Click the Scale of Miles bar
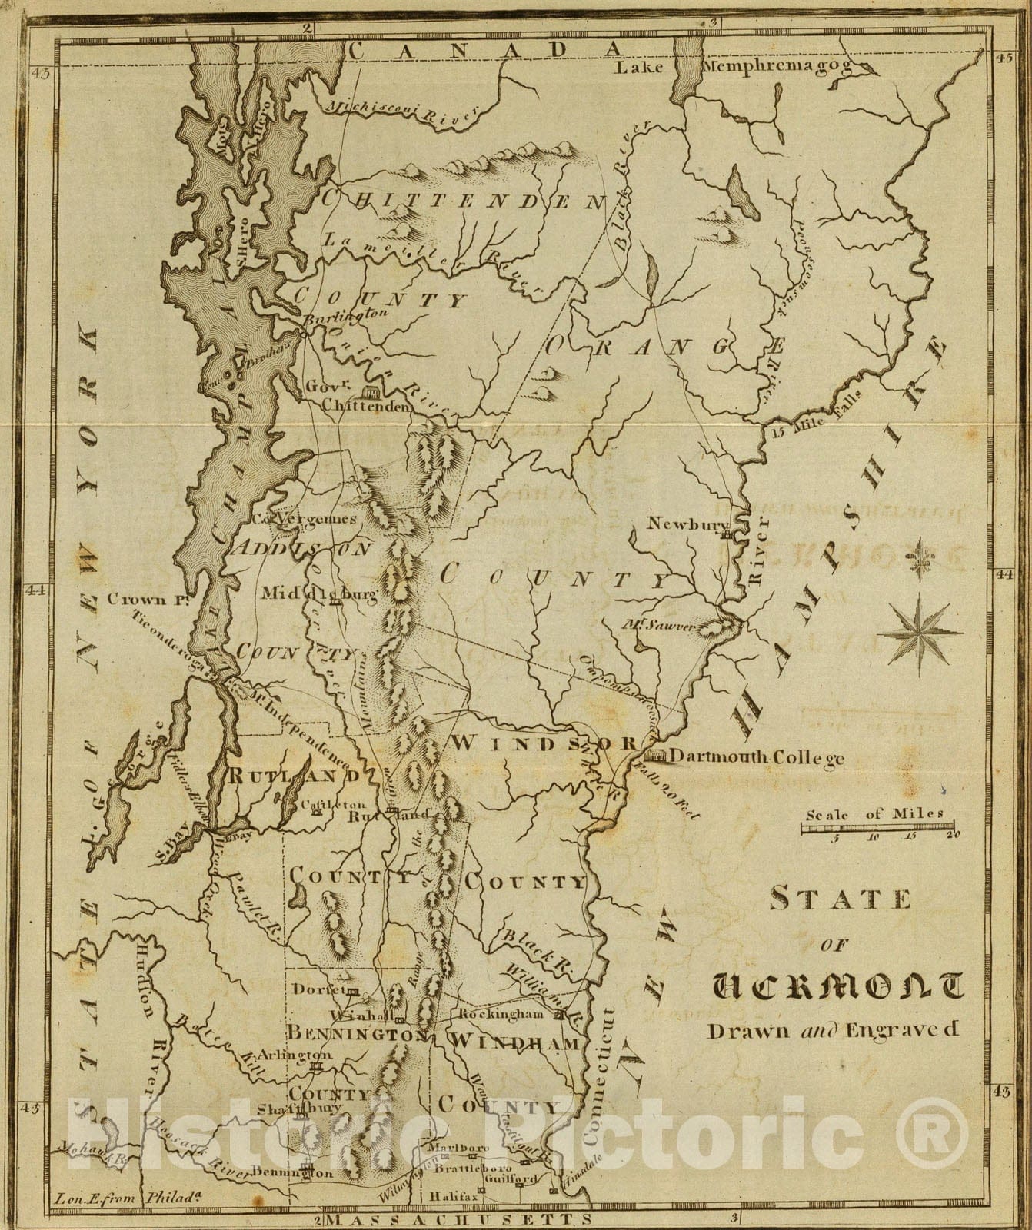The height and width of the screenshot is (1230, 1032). click(877, 828)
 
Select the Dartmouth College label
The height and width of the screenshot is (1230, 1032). click(757, 757)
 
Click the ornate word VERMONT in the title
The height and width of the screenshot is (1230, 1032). click(837, 989)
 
